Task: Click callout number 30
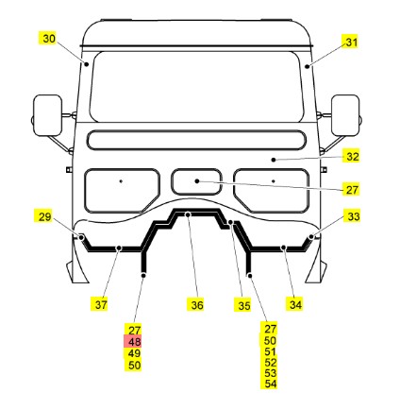click(x=49, y=39)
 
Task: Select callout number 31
click(x=352, y=43)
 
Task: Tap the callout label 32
click(x=352, y=157)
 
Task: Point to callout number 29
click(x=44, y=216)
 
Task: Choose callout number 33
click(x=354, y=216)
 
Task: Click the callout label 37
click(x=101, y=305)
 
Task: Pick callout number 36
click(x=197, y=305)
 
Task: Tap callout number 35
click(x=244, y=305)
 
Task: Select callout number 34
click(x=295, y=304)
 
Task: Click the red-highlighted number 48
click(x=134, y=342)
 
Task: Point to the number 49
click(x=134, y=353)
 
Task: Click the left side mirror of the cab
click(x=47, y=115)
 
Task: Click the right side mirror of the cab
click(x=345, y=115)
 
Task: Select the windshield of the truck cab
click(x=196, y=86)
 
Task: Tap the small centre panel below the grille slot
click(x=196, y=182)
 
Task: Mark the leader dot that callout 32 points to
click(x=274, y=160)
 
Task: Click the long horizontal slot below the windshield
click(x=196, y=140)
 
